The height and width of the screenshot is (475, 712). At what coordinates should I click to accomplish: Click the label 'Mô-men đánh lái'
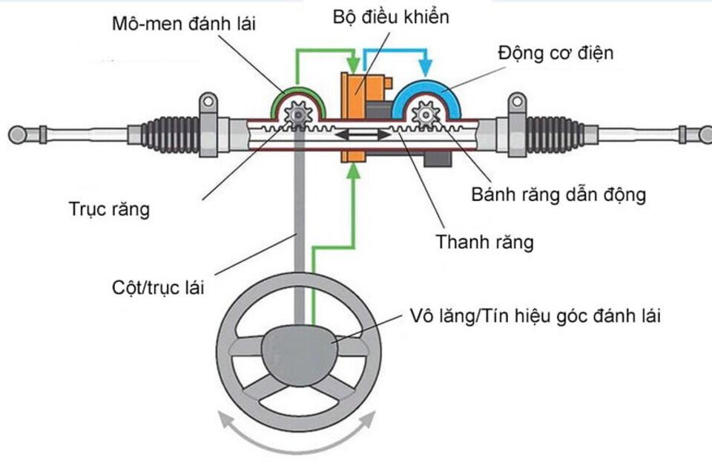click(183, 24)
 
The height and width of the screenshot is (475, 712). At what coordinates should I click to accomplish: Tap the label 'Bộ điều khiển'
click(391, 16)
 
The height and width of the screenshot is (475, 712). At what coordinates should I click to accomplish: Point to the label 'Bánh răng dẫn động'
click(559, 195)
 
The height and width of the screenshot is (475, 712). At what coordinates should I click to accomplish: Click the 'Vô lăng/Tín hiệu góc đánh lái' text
click(535, 315)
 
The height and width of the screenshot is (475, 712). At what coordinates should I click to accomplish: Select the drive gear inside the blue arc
click(426, 115)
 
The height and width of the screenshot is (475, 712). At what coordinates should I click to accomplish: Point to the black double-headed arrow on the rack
click(362, 136)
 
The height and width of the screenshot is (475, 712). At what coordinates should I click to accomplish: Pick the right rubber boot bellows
click(552, 134)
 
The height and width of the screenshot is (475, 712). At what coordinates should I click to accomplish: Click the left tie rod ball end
click(16, 134)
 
